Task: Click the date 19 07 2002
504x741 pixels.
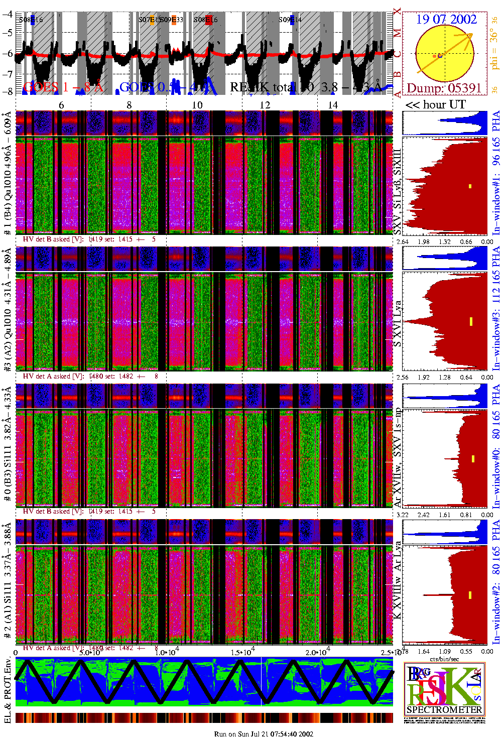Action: click(x=446, y=19)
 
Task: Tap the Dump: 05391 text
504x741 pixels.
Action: click(x=444, y=88)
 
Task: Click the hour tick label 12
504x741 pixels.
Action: click(x=265, y=105)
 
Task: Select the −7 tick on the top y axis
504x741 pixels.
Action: click(x=8, y=74)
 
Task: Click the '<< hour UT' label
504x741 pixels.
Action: click(x=436, y=104)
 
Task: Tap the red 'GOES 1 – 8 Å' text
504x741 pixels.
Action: click(x=63, y=87)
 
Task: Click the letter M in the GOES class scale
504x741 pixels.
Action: click(x=397, y=33)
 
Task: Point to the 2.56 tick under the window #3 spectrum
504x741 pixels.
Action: click(x=402, y=377)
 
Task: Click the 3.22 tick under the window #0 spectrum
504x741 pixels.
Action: click(x=403, y=515)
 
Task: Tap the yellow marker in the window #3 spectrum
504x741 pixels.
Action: click(x=471, y=321)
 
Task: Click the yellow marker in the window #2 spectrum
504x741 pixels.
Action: click(x=470, y=595)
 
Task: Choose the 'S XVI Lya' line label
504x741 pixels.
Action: click(x=397, y=324)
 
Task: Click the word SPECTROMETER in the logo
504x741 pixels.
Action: click(x=444, y=710)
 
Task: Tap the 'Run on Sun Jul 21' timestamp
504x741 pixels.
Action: click(x=264, y=734)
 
